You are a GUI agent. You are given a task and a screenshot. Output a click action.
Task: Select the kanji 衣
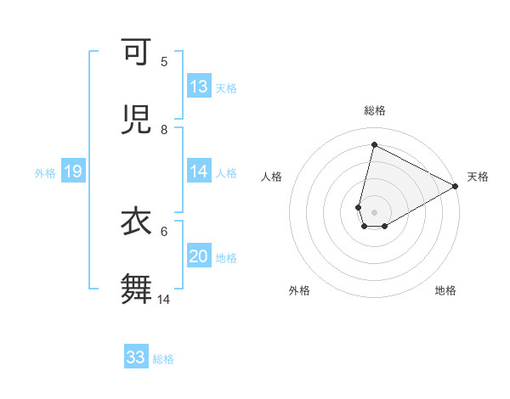(137, 222)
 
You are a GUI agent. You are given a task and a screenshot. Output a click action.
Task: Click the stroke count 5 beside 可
(164, 61)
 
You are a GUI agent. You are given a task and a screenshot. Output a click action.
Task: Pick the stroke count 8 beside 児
(164, 129)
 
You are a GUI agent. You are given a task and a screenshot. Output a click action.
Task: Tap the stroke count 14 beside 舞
(164, 299)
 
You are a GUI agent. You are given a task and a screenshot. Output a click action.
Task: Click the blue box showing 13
(199, 87)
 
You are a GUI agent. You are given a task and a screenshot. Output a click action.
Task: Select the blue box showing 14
(199, 171)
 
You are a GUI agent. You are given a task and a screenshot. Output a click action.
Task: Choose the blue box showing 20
(199, 256)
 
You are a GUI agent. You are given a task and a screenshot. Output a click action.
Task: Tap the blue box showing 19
(72, 172)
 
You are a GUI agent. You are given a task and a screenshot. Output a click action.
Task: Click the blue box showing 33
(136, 357)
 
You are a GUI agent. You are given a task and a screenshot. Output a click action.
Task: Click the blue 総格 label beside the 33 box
(163, 359)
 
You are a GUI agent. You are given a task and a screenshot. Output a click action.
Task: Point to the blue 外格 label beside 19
(45, 173)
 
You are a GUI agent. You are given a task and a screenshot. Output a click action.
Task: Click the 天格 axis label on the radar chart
(478, 177)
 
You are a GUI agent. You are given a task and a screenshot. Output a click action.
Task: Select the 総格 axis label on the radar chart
(374, 111)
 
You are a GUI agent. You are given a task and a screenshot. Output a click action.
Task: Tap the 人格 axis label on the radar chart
(271, 177)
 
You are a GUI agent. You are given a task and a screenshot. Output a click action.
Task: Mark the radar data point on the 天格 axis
(456, 186)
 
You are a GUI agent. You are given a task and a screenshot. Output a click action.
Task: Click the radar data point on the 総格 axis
(374, 144)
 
